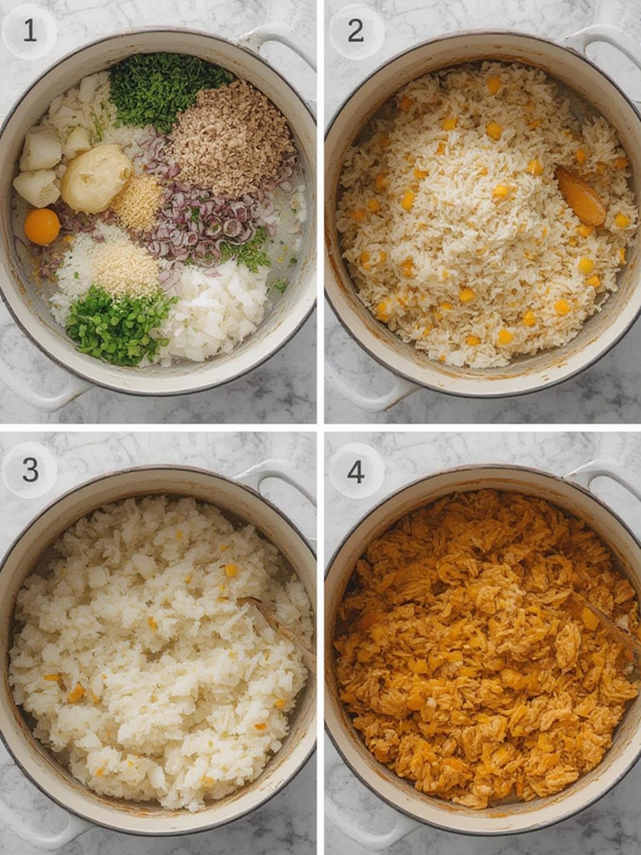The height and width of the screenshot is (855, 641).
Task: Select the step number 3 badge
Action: click(30, 470)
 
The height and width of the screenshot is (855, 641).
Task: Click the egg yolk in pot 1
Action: click(42, 227)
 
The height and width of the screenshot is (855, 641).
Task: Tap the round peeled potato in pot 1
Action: click(97, 178)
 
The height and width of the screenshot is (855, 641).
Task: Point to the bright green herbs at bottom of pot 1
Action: click(117, 325)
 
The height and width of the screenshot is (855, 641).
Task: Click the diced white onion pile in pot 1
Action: click(214, 311)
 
